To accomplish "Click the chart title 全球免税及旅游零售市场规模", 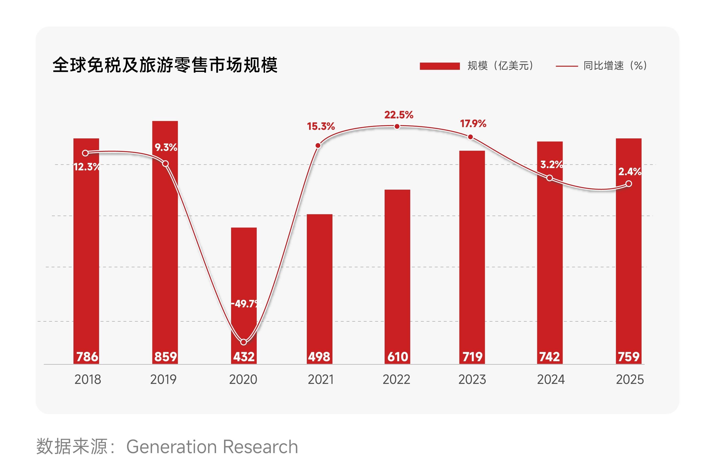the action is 165,65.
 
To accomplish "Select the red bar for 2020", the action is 244,296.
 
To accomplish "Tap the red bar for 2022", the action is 397,277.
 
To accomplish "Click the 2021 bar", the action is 319,289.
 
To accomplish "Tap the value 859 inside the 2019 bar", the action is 165,357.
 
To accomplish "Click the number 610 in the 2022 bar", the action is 398,357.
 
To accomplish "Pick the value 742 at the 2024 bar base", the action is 550,357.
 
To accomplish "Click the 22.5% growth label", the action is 399,115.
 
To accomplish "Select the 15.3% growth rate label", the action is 321,126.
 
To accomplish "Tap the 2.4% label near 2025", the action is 630,172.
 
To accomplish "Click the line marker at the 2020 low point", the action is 243,342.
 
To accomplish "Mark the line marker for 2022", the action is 397,126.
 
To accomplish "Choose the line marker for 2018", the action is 85,153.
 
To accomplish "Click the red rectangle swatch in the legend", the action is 440,66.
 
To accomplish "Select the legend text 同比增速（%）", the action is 615,66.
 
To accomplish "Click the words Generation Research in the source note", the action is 212,447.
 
